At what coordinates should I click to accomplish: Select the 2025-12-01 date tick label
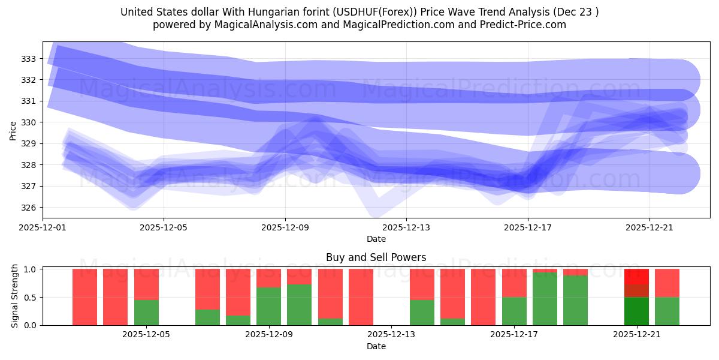coord(43,227)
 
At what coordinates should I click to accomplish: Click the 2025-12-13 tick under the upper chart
coord(406,227)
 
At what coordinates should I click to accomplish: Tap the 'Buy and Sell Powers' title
coord(376,257)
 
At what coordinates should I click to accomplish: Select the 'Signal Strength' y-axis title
coord(15,297)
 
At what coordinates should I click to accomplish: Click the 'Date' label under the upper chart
coord(376,239)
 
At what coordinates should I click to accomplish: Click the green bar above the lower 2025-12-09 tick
coord(269,306)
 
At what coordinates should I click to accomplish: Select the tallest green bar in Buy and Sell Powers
coord(545,299)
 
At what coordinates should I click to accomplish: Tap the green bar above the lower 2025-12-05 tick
coord(146,312)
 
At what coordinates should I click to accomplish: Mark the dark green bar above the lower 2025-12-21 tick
coord(636,311)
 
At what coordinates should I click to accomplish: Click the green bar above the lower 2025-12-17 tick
coord(514,311)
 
